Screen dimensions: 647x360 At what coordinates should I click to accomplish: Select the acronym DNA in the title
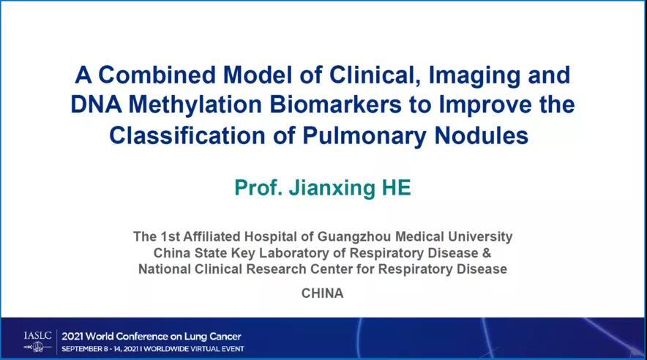click(96, 105)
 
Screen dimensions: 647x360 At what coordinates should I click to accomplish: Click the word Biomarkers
click(335, 105)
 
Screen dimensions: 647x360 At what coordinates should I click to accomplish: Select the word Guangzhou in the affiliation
click(354, 236)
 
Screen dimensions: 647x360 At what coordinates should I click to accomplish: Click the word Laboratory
click(302, 253)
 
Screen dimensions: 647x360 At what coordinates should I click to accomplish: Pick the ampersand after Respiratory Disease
click(487, 252)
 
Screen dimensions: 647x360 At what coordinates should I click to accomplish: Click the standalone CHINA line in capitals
click(322, 293)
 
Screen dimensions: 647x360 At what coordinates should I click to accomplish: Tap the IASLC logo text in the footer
click(37, 336)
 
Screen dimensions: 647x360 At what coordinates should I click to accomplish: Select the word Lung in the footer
click(195, 337)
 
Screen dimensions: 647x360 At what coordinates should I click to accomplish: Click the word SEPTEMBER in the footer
click(83, 349)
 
